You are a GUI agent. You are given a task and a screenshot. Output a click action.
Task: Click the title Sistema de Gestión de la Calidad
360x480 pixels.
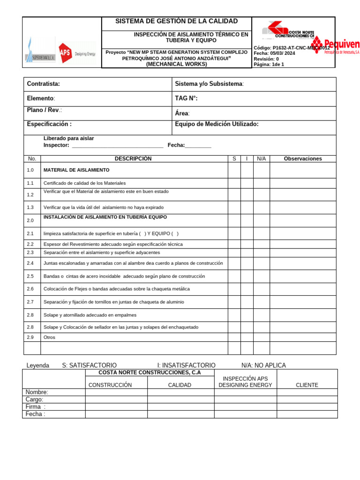pyautogui.click(x=177, y=22)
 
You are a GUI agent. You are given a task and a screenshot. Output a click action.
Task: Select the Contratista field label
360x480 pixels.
pyautogui.click(x=44, y=84)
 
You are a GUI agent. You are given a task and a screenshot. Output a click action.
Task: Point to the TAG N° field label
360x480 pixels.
pyautogui.click(x=186, y=98)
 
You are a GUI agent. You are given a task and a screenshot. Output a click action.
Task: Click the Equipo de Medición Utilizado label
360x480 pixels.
pyautogui.click(x=217, y=124)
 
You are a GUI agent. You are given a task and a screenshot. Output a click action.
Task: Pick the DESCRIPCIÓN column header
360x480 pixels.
pyautogui.click(x=134, y=159)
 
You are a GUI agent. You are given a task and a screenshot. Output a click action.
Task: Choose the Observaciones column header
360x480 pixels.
pyautogui.click(x=303, y=159)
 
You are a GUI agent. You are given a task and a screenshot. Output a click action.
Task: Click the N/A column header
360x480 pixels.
pyautogui.click(x=261, y=159)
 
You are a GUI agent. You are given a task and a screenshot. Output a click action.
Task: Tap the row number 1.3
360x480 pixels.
pyautogui.click(x=30, y=207)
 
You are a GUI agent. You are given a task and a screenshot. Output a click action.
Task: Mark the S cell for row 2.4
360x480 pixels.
pyautogui.click(x=234, y=263)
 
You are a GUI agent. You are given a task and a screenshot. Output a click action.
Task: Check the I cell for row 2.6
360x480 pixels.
pyautogui.click(x=247, y=289)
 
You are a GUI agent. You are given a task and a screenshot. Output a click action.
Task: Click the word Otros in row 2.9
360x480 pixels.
pyautogui.click(x=49, y=337)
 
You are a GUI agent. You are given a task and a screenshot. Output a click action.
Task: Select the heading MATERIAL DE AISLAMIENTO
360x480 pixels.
pyautogui.click(x=76, y=170)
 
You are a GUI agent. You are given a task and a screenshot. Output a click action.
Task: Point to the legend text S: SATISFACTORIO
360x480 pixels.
pyautogui.click(x=89, y=366)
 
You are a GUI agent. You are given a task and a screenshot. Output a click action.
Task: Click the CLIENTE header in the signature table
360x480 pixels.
pyautogui.click(x=307, y=385)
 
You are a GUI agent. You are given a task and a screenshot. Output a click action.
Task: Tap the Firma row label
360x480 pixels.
pyautogui.click(x=36, y=407)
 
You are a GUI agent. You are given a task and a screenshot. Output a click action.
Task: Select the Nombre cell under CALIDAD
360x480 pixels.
pyautogui.click(x=180, y=392)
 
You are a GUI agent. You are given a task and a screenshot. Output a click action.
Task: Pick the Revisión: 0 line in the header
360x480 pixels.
pyautogui.click(x=266, y=59)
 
